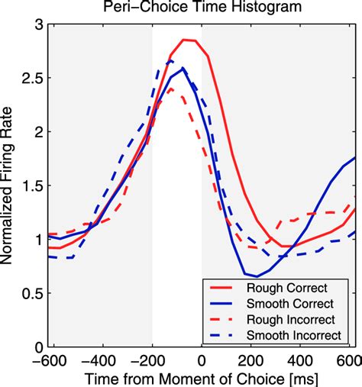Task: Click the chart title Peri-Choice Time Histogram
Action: pos(201,9)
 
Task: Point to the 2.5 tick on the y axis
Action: pos(32,78)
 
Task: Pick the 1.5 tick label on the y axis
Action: pos(32,185)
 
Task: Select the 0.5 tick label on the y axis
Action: pos(32,293)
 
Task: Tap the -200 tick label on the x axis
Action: pos(151,359)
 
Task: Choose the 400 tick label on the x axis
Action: pos(305,359)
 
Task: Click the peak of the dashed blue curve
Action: pos(172,61)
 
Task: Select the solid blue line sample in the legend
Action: pos(221,304)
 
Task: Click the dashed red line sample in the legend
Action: pos(221,320)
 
